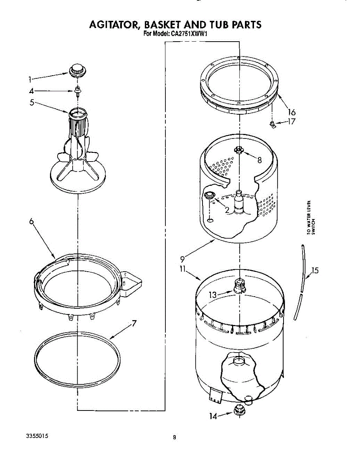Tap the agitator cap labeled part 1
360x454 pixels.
(x=76, y=70)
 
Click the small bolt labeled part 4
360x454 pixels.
(x=78, y=91)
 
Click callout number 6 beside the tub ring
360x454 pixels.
(x=32, y=222)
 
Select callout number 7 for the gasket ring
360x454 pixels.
(x=134, y=323)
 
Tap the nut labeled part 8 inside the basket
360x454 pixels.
(x=238, y=150)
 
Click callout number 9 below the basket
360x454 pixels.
(x=182, y=259)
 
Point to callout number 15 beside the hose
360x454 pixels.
(x=315, y=271)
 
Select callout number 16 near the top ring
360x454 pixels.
(x=291, y=112)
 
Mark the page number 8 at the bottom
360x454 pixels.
(x=174, y=438)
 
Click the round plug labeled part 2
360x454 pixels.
(x=209, y=195)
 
